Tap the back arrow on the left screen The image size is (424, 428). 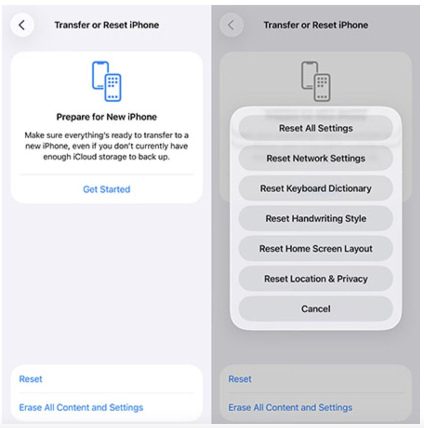(x=22, y=25)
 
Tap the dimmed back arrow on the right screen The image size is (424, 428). (x=231, y=25)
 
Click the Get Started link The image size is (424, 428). (x=106, y=189)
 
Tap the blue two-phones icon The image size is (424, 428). (x=106, y=82)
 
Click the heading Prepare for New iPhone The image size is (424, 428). (x=106, y=117)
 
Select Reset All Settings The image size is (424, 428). (x=315, y=128)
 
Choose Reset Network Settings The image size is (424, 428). (x=315, y=158)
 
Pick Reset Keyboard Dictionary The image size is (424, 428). (x=315, y=189)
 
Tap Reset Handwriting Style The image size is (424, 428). (x=315, y=218)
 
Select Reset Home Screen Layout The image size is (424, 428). (x=315, y=249)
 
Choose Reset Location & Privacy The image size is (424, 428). (x=315, y=279)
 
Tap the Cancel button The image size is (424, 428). (x=315, y=309)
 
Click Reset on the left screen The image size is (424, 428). (x=30, y=379)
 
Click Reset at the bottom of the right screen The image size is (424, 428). (x=240, y=379)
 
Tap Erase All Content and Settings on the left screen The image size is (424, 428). (x=81, y=408)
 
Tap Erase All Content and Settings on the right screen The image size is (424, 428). (x=290, y=408)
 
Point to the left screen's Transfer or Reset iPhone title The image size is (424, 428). (x=106, y=25)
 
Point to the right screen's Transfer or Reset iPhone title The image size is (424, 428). (x=316, y=25)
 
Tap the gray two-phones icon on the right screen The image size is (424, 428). (x=315, y=82)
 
